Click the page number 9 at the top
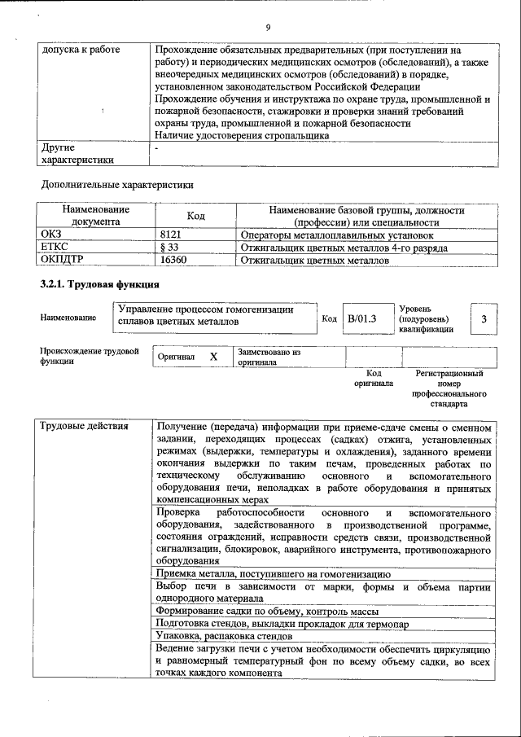[267, 27]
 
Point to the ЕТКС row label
[55, 248]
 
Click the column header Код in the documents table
[195, 216]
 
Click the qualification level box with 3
[484, 319]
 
